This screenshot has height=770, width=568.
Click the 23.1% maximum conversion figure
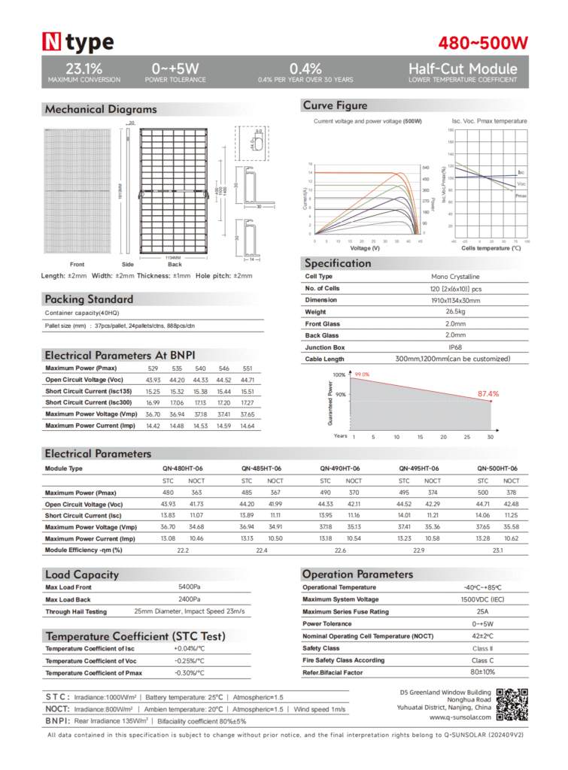click(x=84, y=68)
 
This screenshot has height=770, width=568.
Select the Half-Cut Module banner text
click(x=463, y=68)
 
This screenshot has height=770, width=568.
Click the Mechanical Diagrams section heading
click(x=100, y=109)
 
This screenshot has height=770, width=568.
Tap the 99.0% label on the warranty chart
click(x=362, y=374)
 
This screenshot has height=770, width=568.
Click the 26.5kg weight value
click(x=455, y=312)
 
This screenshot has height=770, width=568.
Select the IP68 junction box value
click(x=455, y=347)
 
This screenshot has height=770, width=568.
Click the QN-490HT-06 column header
click(x=339, y=468)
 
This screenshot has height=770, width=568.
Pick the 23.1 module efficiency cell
click(x=497, y=550)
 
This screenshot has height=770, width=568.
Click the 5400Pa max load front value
click(x=189, y=587)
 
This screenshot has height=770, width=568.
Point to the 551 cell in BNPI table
click(x=247, y=368)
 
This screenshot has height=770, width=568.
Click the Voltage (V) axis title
click(x=365, y=248)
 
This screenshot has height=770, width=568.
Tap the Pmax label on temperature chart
click(x=520, y=196)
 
